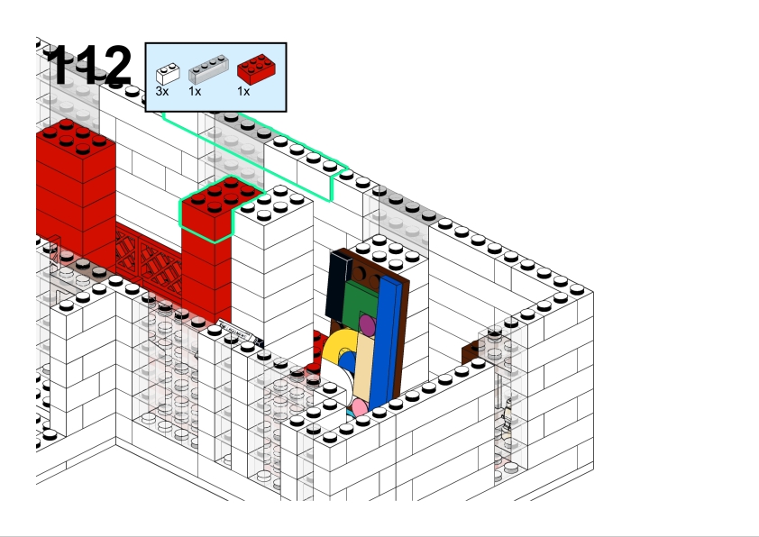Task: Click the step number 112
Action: (x=89, y=64)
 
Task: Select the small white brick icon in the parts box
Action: (x=168, y=74)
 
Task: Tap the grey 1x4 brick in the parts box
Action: (x=208, y=68)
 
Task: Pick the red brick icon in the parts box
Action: (x=256, y=68)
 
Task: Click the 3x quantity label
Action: (x=162, y=91)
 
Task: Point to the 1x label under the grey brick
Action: (x=195, y=91)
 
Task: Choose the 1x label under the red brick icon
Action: (x=243, y=91)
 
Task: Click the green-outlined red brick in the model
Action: (x=219, y=207)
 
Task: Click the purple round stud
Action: (x=368, y=325)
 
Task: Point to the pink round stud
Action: (x=360, y=408)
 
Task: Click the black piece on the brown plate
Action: (x=338, y=286)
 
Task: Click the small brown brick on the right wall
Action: (x=470, y=352)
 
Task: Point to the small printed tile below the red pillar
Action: (x=241, y=332)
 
